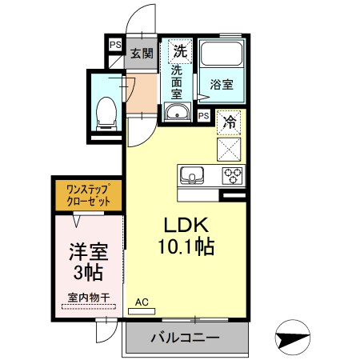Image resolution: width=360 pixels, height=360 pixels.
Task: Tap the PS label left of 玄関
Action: [x=115, y=46]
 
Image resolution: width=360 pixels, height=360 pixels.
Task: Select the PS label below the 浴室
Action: [x=203, y=116]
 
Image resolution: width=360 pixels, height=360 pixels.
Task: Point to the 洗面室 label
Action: [x=176, y=82]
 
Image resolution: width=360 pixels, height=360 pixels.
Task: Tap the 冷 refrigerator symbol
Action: [x=230, y=122]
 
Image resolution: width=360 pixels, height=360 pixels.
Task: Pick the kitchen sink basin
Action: [x=193, y=175]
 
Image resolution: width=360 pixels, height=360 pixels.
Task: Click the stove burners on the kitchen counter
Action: [x=233, y=175]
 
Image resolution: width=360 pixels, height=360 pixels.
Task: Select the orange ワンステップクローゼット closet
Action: [x=87, y=196]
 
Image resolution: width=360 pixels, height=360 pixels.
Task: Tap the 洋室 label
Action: [x=87, y=251]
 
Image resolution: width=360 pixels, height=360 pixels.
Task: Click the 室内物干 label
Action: [x=88, y=298]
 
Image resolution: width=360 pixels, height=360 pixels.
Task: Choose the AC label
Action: [x=142, y=302]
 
